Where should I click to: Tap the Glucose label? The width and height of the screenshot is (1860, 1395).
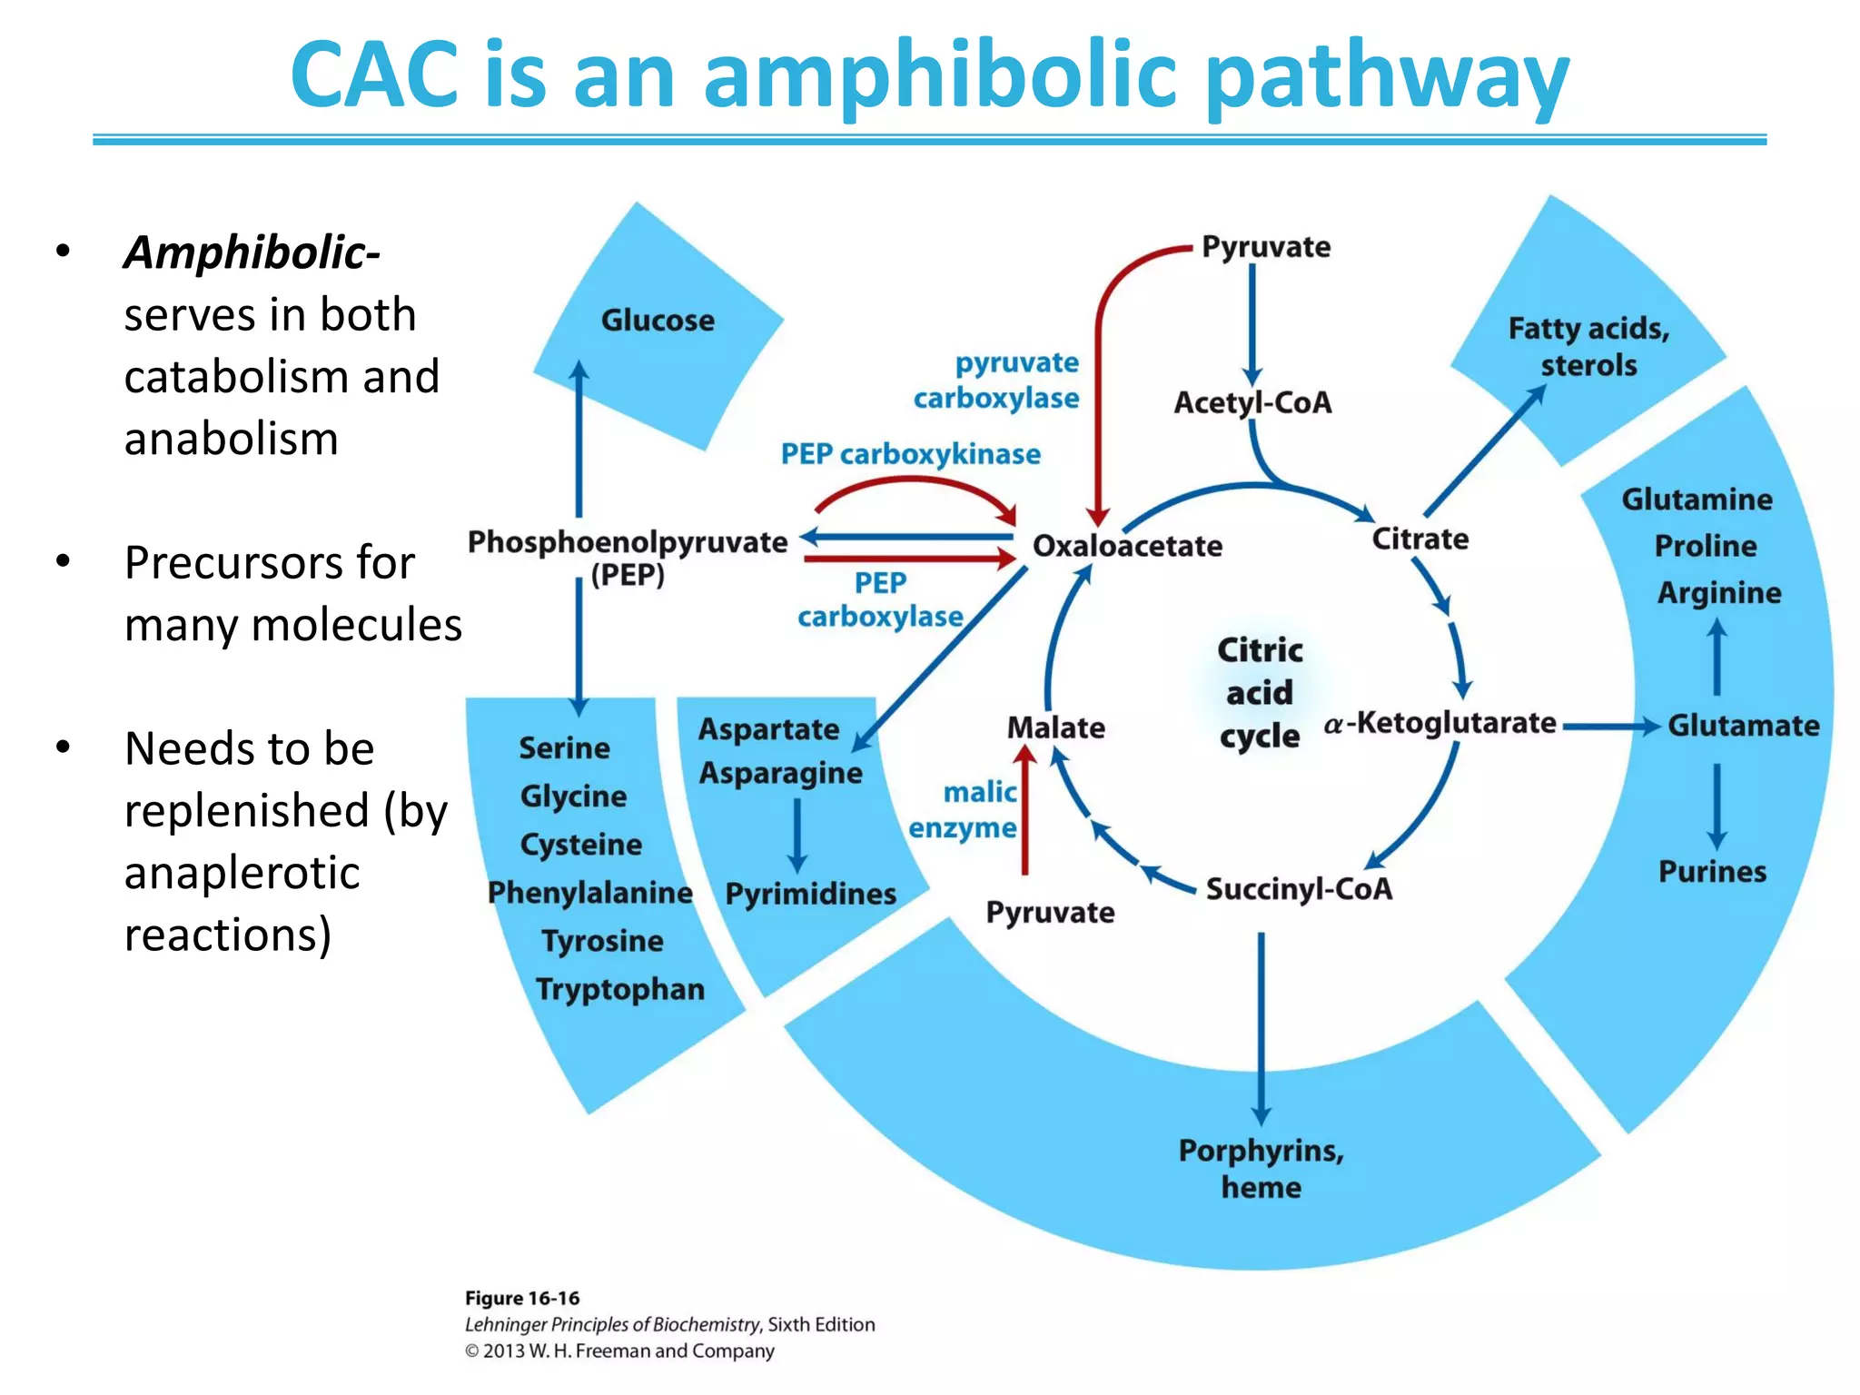pyautogui.click(x=658, y=321)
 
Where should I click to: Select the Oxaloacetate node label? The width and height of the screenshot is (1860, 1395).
pyautogui.click(x=1127, y=546)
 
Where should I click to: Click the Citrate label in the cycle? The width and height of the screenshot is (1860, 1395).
pyautogui.click(x=1420, y=539)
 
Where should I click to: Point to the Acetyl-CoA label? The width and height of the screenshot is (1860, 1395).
pyautogui.click(x=1252, y=402)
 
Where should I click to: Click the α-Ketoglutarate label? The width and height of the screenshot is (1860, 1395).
pyautogui.click(x=1440, y=724)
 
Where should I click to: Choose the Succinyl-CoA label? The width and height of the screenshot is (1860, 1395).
pyautogui.click(x=1298, y=888)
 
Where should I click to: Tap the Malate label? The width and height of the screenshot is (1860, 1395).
pyautogui.click(x=1055, y=727)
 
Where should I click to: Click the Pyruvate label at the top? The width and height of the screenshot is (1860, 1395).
pyautogui.click(x=1266, y=247)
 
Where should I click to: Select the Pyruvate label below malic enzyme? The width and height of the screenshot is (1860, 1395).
pyautogui.click(x=1050, y=912)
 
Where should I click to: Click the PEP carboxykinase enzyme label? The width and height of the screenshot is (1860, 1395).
pyautogui.click(x=910, y=454)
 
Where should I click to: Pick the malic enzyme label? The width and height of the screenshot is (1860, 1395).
pyautogui.click(x=965, y=810)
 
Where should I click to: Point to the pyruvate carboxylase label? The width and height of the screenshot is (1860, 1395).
pyautogui.click(x=997, y=381)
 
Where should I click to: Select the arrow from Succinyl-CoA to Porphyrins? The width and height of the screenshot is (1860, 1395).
pyautogui.click(x=1261, y=1026)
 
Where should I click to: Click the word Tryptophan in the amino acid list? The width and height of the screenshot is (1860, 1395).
pyautogui.click(x=620, y=989)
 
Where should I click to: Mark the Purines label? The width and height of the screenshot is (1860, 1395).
pyautogui.click(x=1712, y=872)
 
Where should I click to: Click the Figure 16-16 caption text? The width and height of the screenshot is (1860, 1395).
pyautogui.click(x=522, y=1299)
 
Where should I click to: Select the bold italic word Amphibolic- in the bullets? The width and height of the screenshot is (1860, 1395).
pyautogui.click(x=252, y=252)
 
